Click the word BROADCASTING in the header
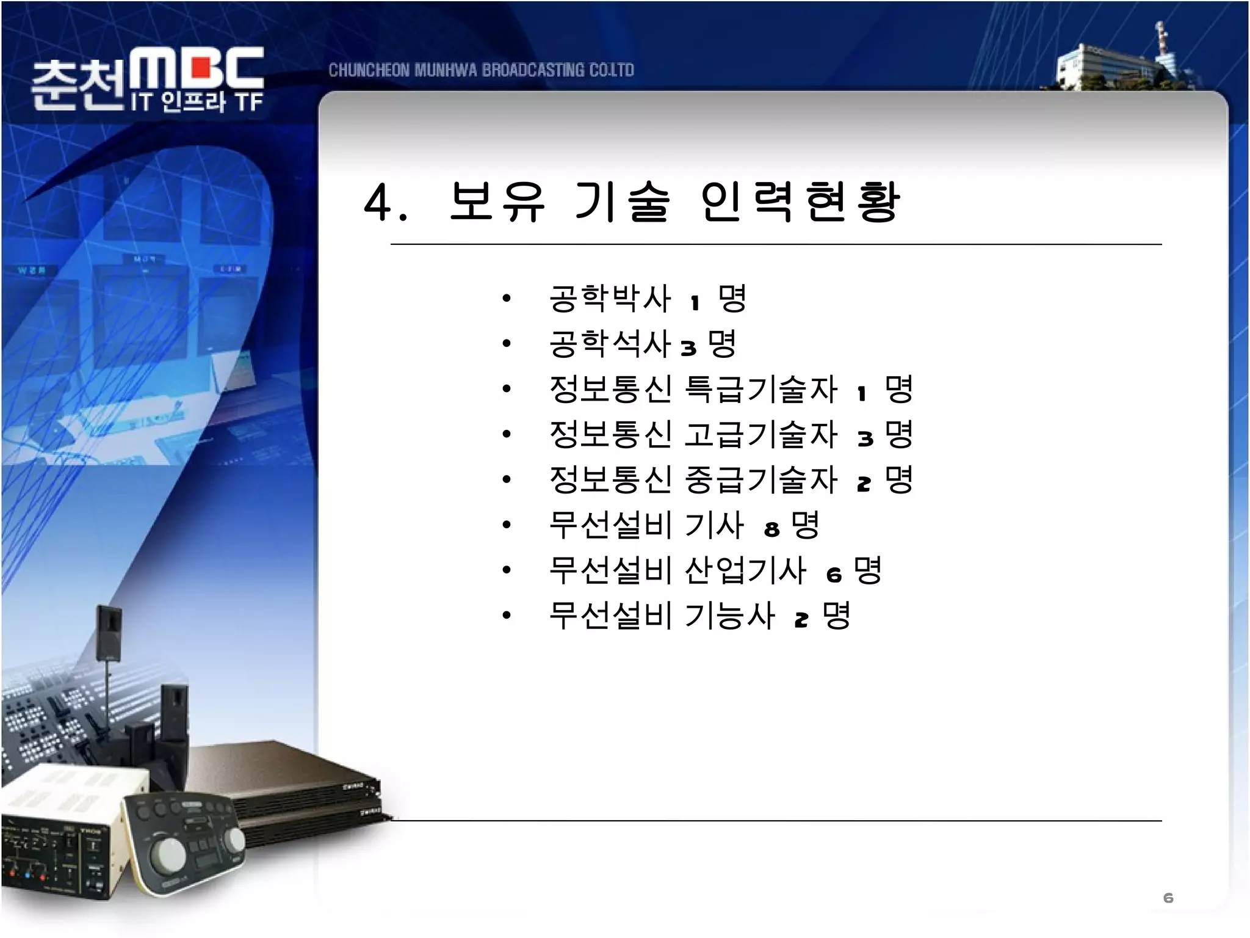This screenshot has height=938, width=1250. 533,70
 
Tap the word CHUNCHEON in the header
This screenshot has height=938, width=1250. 369,70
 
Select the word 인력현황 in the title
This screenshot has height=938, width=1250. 800,202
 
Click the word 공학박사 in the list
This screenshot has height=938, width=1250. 610,299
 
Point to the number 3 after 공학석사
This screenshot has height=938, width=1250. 688,349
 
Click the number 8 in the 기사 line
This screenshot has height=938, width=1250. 772,529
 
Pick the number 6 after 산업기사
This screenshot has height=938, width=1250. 834,575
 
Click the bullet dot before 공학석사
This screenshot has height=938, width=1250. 506,344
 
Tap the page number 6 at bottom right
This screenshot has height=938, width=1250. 1168,898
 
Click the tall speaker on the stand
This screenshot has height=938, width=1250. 109,632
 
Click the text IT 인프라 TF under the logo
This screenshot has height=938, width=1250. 197,102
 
